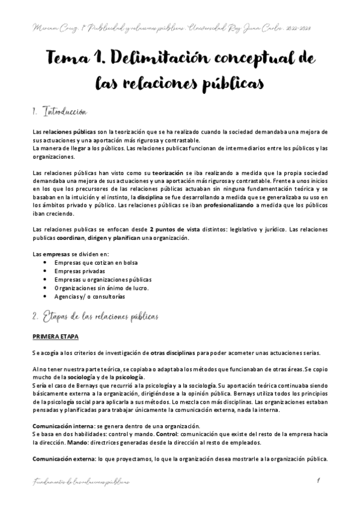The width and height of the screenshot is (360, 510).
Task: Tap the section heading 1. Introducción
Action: [x=60, y=112]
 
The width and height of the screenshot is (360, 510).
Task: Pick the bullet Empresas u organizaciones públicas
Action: [x=102, y=280]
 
